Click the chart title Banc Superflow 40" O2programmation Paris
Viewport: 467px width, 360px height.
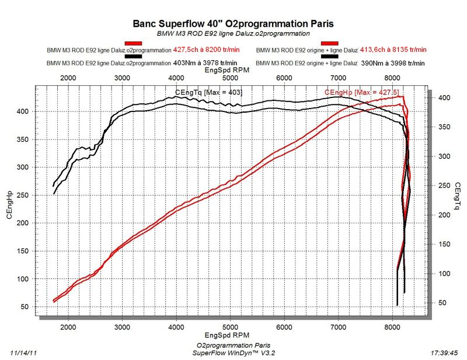pyautogui.click(x=233, y=25)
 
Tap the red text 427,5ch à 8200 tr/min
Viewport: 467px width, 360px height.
pyautogui.click(x=205, y=50)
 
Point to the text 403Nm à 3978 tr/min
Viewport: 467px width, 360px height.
pyautogui.click(x=205, y=62)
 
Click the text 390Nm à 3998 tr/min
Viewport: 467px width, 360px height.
pyautogui.click(x=393, y=62)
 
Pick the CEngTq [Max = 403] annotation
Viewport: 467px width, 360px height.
pyautogui.click(x=208, y=92)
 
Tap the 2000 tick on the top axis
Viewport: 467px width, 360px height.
pyautogui.click(x=68, y=79)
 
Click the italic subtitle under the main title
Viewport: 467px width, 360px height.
pyautogui.click(x=233, y=34)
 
